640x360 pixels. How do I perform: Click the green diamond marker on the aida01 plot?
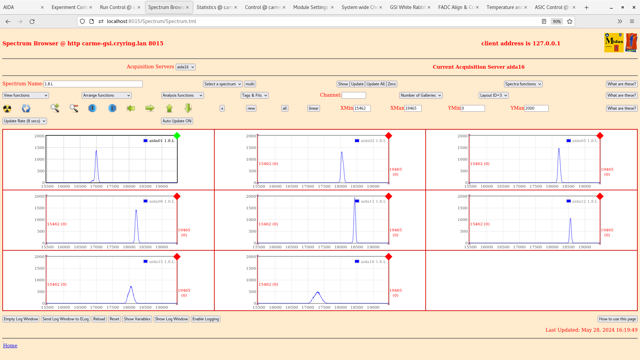[x=177, y=136]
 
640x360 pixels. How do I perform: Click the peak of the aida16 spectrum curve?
[x=318, y=292]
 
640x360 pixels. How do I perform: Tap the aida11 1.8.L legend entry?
[x=371, y=201]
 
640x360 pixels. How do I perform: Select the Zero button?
[x=392, y=84]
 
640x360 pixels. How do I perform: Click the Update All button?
[x=375, y=84]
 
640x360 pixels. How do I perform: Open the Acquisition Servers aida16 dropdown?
[x=185, y=67]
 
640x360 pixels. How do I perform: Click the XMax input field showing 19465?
[x=413, y=108]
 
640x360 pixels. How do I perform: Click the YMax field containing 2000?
[x=536, y=108]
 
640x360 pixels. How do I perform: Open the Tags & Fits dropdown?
[x=254, y=95]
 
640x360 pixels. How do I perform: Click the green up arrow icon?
[x=169, y=108]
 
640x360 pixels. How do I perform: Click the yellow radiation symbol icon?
[x=7, y=108]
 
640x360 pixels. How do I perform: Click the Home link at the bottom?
[x=10, y=346]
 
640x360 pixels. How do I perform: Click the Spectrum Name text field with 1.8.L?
[x=93, y=84]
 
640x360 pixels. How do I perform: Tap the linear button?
[x=313, y=108]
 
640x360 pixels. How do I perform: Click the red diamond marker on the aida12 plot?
[x=600, y=196]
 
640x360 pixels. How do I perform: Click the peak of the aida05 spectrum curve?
[x=559, y=149]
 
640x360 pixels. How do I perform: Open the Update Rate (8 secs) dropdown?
[x=25, y=121]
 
